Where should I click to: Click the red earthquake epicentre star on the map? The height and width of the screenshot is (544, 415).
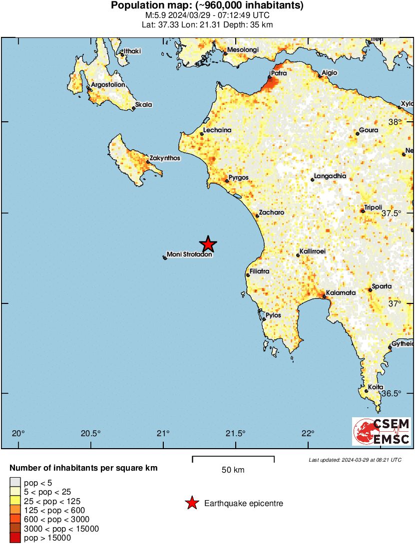[x=208, y=244]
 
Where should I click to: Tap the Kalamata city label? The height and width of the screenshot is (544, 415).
[x=341, y=293]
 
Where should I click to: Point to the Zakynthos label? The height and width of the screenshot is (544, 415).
[x=164, y=158]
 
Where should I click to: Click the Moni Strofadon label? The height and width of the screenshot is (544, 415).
[x=189, y=255]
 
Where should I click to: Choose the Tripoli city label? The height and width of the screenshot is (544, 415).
[x=373, y=208]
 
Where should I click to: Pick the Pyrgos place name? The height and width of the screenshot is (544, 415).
[x=238, y=177]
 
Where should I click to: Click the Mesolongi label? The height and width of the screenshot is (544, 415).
[x=242, y=50]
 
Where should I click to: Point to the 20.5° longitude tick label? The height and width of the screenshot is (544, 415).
[x=91, y=433]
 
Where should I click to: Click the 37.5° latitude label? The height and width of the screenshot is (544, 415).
[x=392, y=213]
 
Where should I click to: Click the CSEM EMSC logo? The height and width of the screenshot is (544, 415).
[x=382, y=431]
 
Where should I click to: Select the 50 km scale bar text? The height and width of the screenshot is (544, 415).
[x=233, y=470]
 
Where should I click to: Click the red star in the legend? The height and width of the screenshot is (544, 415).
[x=191, y=504]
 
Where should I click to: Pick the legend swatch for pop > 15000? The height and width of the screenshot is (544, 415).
[x=15, y=538]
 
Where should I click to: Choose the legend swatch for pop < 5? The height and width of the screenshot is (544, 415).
[x=15, y=483]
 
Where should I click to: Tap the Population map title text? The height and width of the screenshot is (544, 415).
[x=207, y=6]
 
